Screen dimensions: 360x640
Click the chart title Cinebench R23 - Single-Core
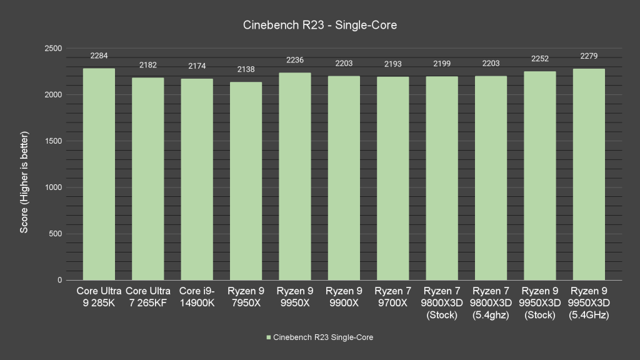(x=320, y=26)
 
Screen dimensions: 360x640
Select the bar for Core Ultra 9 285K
(x=99, y=174)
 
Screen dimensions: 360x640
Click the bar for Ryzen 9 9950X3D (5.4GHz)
(x=589, y=174)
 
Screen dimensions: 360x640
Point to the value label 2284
(x=99, y=56)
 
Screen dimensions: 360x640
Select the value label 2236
(x=294, y=60)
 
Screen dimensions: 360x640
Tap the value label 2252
(x=540, y=59)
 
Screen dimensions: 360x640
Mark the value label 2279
(x=589, y=56)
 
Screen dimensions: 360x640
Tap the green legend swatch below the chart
(x=269, y=337)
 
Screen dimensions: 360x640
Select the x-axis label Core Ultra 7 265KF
(x=148, y=297)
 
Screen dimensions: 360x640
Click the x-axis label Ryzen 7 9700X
(x=392, y=297)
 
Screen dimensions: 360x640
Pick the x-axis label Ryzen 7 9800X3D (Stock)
(x=442, y=303)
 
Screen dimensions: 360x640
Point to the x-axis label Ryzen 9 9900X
(x=344, y=297)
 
